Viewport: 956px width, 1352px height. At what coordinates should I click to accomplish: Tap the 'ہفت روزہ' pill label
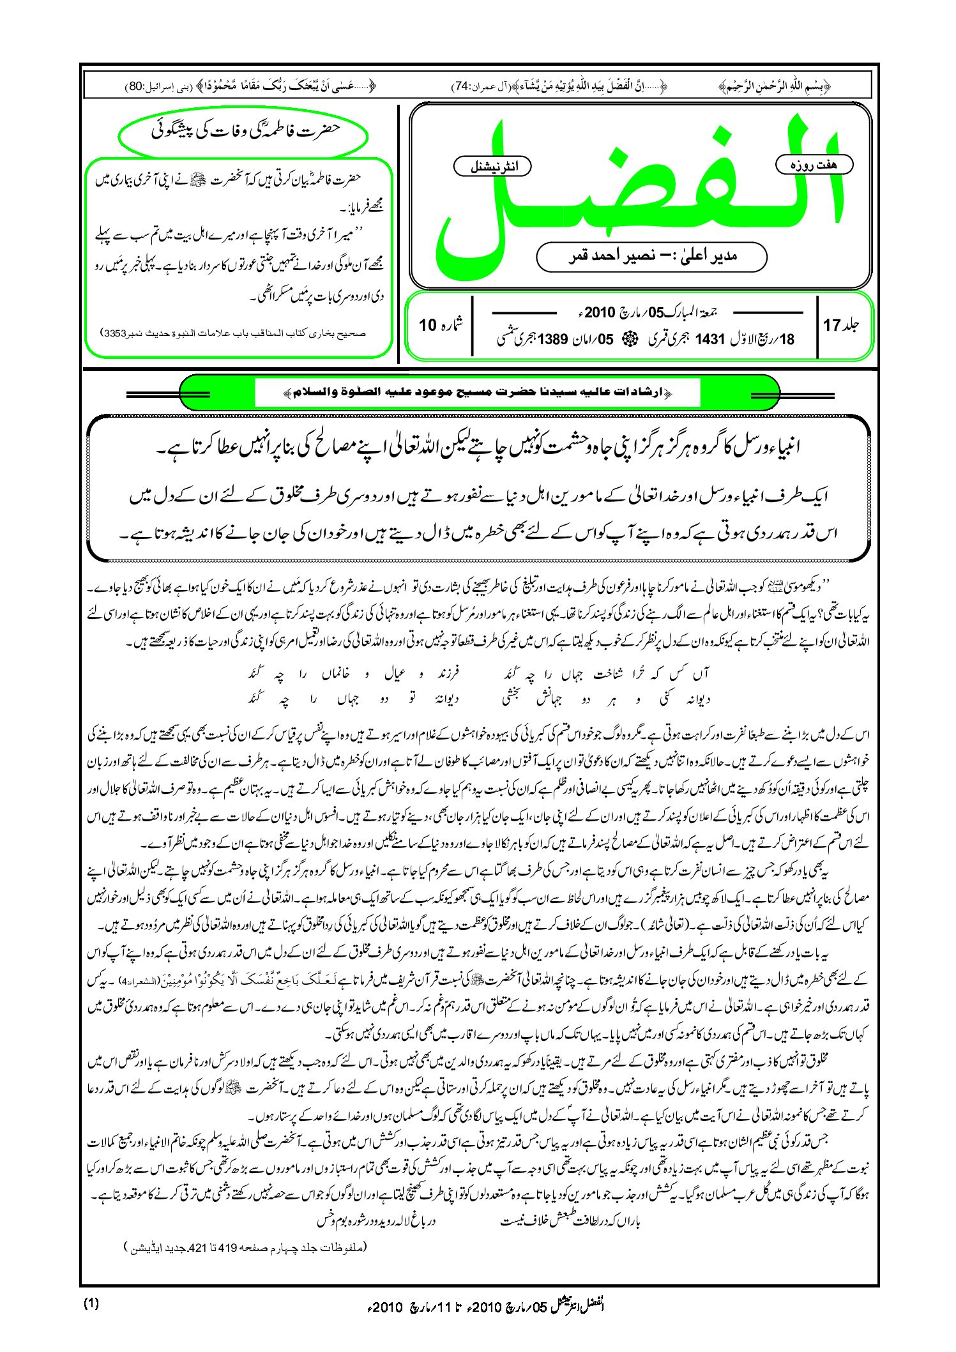pos(814,165)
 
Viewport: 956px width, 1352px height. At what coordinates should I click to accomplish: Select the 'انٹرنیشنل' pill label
pos(492,167)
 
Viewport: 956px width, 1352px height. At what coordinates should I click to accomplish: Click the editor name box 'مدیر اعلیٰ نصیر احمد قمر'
pos(651,256)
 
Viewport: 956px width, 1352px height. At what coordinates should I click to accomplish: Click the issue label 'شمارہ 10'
pos(441,325)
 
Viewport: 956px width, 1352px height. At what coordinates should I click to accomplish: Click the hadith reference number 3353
pos(116,333)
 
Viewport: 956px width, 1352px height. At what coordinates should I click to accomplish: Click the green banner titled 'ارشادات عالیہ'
pos(479,391)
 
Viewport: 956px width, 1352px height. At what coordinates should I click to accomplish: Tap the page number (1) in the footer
pos(91,1303)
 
